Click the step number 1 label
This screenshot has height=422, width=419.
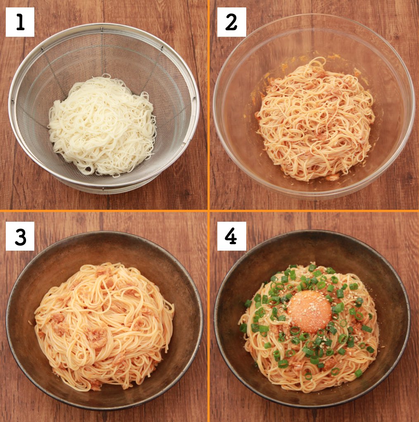pos(20,22)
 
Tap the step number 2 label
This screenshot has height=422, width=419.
pos(231,22)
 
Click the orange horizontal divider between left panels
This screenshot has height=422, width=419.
pos(103,211)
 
